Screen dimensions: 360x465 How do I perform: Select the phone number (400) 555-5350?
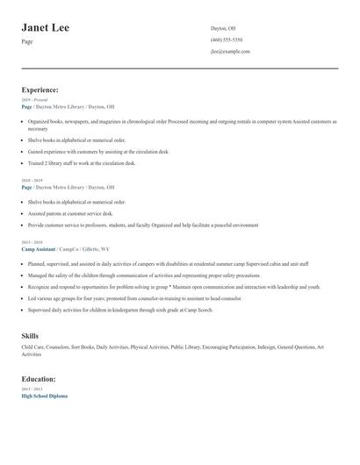click(x=227, y=39)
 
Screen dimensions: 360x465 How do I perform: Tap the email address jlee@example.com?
click(x=230, y=52)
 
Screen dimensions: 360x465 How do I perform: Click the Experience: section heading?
click(x=40, y=89)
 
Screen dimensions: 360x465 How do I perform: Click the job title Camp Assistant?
click(x=38, y=249)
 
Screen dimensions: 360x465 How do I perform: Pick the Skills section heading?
click(x=30, y=336)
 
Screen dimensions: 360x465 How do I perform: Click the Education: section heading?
click(x=40, y=379)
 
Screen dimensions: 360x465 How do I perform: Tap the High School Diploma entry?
click(x=44, y=396)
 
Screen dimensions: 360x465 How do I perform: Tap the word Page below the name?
click(x=27, y=42)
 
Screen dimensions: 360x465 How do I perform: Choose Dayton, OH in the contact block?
click(x=223, y=28)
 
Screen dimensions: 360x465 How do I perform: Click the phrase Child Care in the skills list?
click(x=33, y=348)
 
